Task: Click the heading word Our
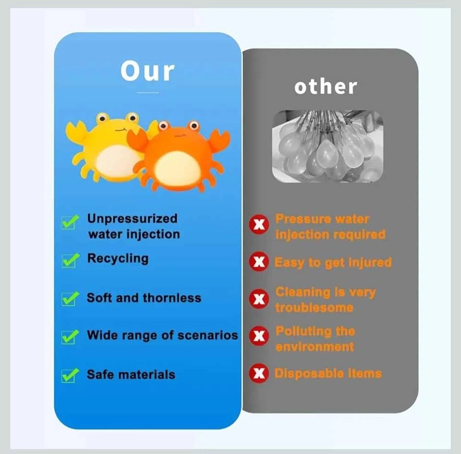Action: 147,71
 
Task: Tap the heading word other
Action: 326,87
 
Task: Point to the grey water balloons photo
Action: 328,147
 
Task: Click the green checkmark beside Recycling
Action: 71,260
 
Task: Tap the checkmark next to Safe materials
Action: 71,375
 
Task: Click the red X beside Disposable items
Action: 259,373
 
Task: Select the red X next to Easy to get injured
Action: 259,261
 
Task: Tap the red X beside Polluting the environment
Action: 259,336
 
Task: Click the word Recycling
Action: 118,259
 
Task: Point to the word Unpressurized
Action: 133,219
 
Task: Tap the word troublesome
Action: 314,307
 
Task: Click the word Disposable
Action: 309,373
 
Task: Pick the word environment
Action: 315,347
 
